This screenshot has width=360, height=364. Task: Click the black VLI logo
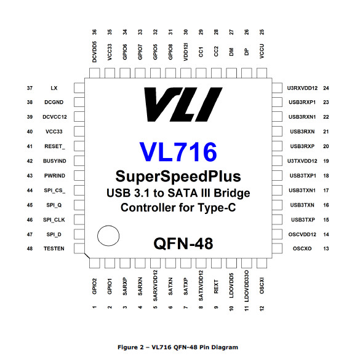point(183,105)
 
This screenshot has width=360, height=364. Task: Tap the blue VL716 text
point(178,152)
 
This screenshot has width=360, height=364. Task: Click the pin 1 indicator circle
point(108,235)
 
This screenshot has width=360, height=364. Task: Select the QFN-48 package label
point(183,243)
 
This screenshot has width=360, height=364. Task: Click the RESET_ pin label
point(55,146)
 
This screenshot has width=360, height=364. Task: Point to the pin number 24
point(326,88)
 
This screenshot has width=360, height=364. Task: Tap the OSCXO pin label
point(302,248)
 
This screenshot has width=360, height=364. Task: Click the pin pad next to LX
point(79,88)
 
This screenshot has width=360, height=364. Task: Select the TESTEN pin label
point(54,248)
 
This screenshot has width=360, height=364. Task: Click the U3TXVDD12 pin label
point(302,161)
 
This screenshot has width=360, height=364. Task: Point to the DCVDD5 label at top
point(94,52)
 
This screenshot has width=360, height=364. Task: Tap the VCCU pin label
point(262,51)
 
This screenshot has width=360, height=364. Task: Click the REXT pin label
point(216,287)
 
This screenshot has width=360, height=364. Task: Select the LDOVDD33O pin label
point(247,286)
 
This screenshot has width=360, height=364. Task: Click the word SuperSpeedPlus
point(178,176)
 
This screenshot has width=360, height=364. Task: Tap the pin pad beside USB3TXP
point(277,220)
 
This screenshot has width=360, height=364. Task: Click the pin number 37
point(30,88)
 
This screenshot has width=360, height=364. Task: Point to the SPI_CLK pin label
point(54,220)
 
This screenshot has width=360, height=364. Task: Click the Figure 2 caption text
point(178,347)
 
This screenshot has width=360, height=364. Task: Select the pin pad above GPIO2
point(94,263)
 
